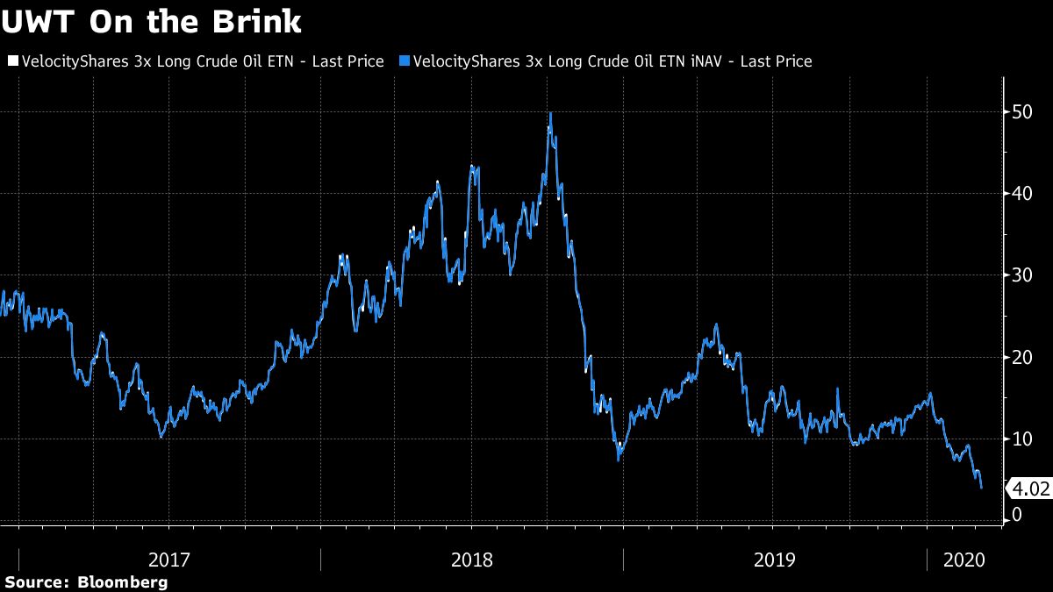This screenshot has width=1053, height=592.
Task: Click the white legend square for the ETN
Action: [11, 61]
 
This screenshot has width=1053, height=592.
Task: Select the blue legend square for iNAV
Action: [405, 61]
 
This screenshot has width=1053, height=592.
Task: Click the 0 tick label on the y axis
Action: [1017, 515]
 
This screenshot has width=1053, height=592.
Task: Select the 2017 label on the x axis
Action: [170, 559]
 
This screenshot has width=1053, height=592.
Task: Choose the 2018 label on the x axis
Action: [472, 559]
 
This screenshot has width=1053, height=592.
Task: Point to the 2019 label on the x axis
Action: [774, 559]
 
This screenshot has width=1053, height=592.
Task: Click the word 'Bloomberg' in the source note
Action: [123, 581]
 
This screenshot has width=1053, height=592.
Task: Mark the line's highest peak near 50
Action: [550, 113]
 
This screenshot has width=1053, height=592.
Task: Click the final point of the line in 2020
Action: [981, 488]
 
